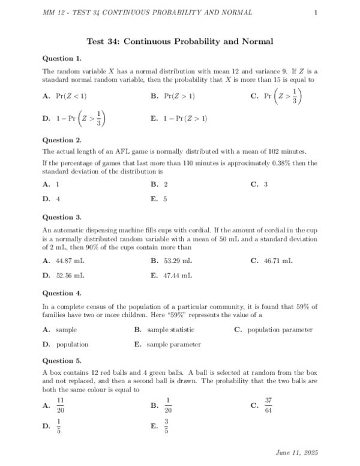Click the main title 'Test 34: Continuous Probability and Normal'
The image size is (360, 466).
point(180,41)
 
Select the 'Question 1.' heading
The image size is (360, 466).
point(62,58)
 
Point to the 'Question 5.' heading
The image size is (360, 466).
point(62,361)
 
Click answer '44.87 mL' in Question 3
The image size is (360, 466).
point(70,261)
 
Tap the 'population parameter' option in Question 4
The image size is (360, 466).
point(280,330)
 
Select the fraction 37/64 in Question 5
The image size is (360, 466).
point(269,405)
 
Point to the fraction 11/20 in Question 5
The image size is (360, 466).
point(60,405)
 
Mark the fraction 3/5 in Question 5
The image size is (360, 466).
point(167,427)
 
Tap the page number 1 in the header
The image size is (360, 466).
point(316,13)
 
